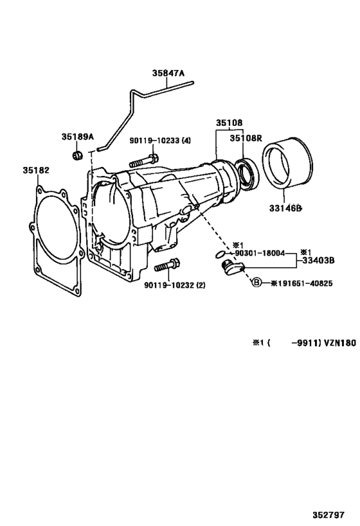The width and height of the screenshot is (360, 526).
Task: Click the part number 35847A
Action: pos(168,74)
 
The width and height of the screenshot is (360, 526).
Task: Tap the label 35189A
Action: pos(78,137)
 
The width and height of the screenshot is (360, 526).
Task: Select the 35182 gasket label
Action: pos(36,170)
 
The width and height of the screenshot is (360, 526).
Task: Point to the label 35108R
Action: pos(248,138)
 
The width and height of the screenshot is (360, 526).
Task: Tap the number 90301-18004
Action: pos(261,253)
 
